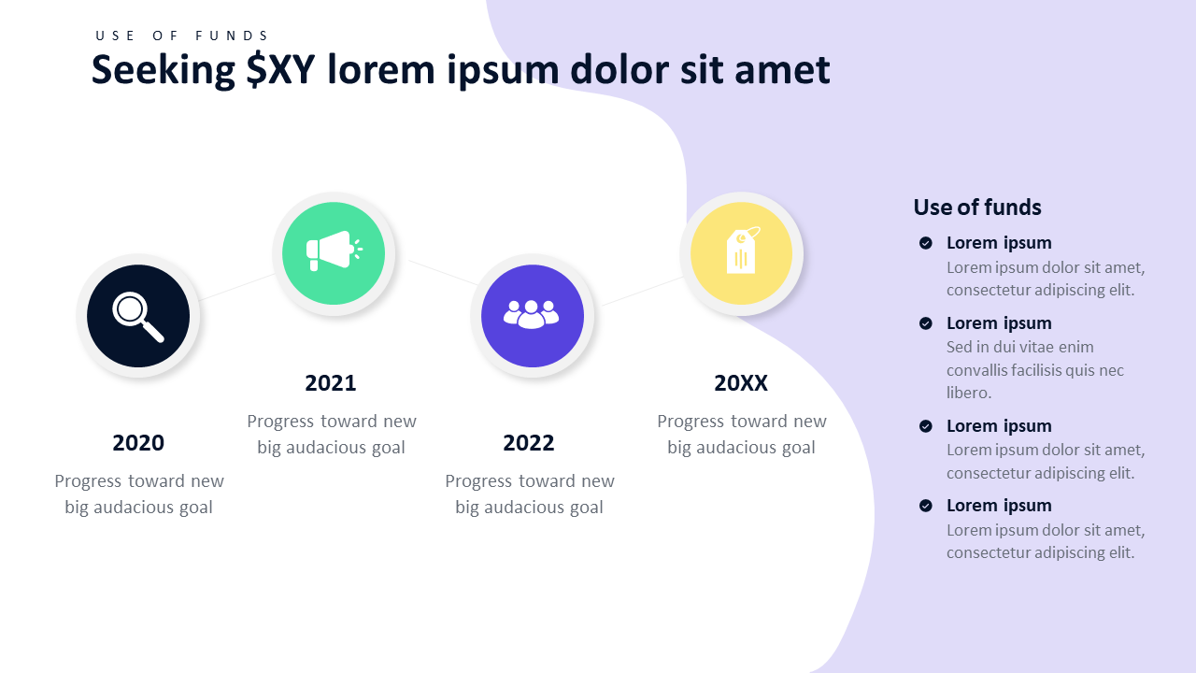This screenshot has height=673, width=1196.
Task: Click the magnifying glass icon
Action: [x=136, y=316]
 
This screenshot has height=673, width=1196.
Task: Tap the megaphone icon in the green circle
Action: [x=335, y=251]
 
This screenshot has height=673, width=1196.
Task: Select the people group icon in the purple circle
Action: [x=532, y=315]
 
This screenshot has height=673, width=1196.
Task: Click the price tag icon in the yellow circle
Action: [x=742, y=250]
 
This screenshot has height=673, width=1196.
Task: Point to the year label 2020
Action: [x=138, y=443]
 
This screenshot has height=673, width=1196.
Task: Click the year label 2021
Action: [x=331, y=383]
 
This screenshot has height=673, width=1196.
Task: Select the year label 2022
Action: [x=529, y=443]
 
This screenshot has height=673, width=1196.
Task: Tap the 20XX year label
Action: [x=741, y=383]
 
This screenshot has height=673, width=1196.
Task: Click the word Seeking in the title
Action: [x=164, y=70]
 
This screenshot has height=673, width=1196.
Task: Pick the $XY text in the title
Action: [x=280, y=69]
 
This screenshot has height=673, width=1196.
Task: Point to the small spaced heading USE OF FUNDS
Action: [x=181, y=36]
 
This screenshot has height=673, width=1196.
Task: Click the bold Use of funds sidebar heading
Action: [x=977, y=208]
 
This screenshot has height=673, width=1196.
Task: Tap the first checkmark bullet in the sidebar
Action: [x=926, y=243]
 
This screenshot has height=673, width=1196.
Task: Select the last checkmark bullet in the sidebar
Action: [x=926, y=506]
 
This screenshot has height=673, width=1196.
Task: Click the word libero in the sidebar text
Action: [x=969, y=393]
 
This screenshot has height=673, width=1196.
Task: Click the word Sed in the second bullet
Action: [x=959, y=347]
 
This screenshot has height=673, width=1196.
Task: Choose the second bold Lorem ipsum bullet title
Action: [x=999, y=323]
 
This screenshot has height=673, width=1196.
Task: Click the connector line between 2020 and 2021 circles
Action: [x=236, y=287]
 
